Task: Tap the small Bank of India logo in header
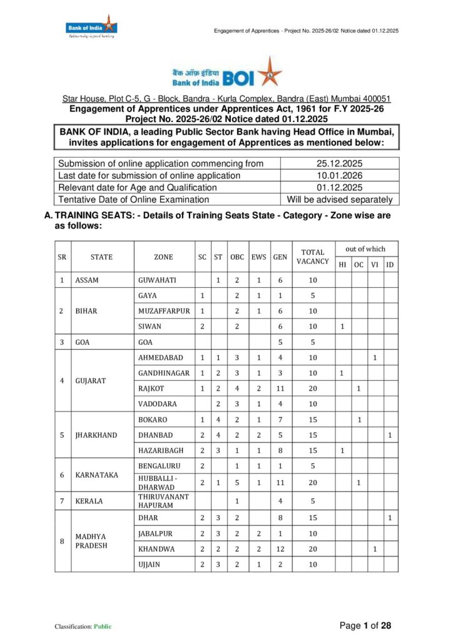coord(91,26)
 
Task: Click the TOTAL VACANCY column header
coord(312,257)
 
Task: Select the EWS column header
coord(259,257)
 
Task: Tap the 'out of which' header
coord(366,249)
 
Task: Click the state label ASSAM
coord(87,280)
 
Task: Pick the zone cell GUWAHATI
coord(157,280)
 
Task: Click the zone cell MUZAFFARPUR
coord(164,310)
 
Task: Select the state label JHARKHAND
coord(96,435)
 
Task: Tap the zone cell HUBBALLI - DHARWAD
coord(158,483)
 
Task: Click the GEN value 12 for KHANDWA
coord(280,549)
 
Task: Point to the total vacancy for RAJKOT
coord(312,388)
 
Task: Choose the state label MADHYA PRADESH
coord(91,541)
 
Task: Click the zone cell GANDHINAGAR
coord(164,373)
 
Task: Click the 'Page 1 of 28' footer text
coord(365,625)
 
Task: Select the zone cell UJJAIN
coord(150,565)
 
